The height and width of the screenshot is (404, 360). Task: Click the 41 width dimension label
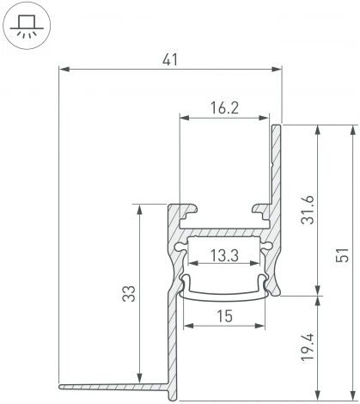170,60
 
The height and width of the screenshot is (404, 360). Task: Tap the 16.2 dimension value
224,108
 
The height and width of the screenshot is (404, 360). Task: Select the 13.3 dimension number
224,255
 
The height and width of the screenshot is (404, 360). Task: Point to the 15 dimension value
224,316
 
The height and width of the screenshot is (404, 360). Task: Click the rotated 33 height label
129,293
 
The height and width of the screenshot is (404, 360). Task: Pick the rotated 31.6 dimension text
308,210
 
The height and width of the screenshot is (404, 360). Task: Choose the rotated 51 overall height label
343,254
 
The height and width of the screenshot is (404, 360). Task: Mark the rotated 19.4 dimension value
308,347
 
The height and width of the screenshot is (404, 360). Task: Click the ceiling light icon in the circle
27,25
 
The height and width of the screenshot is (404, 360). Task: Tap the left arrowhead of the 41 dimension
64,69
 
